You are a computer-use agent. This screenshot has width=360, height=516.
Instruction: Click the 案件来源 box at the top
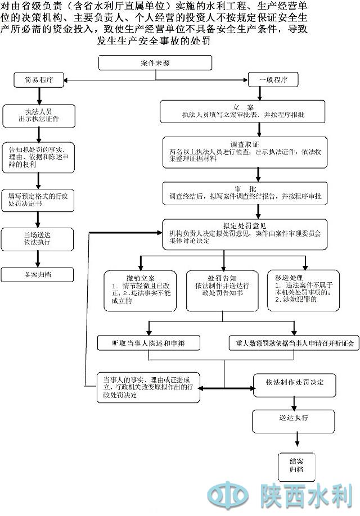156,63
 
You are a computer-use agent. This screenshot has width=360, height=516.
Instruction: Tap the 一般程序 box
273,80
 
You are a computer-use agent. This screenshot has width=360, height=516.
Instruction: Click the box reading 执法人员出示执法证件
38,115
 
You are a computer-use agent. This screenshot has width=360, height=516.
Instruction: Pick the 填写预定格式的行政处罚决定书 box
38,200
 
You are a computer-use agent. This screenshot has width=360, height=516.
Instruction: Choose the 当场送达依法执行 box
38,238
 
